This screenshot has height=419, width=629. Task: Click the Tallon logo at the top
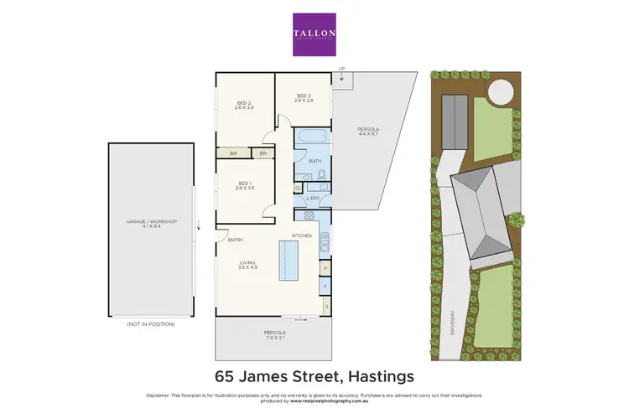pos(314,34)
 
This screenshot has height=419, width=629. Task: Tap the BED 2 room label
pos(244,106)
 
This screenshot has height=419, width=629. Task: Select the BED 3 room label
pos(304,98)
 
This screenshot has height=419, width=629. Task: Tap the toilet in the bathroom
pos(323,175)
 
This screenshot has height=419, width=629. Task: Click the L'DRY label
pos(313,198)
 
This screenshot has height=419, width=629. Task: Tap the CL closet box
pos(299,189)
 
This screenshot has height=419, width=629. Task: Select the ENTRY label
pos(236,241)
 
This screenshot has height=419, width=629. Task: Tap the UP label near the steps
pos(340,70)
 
